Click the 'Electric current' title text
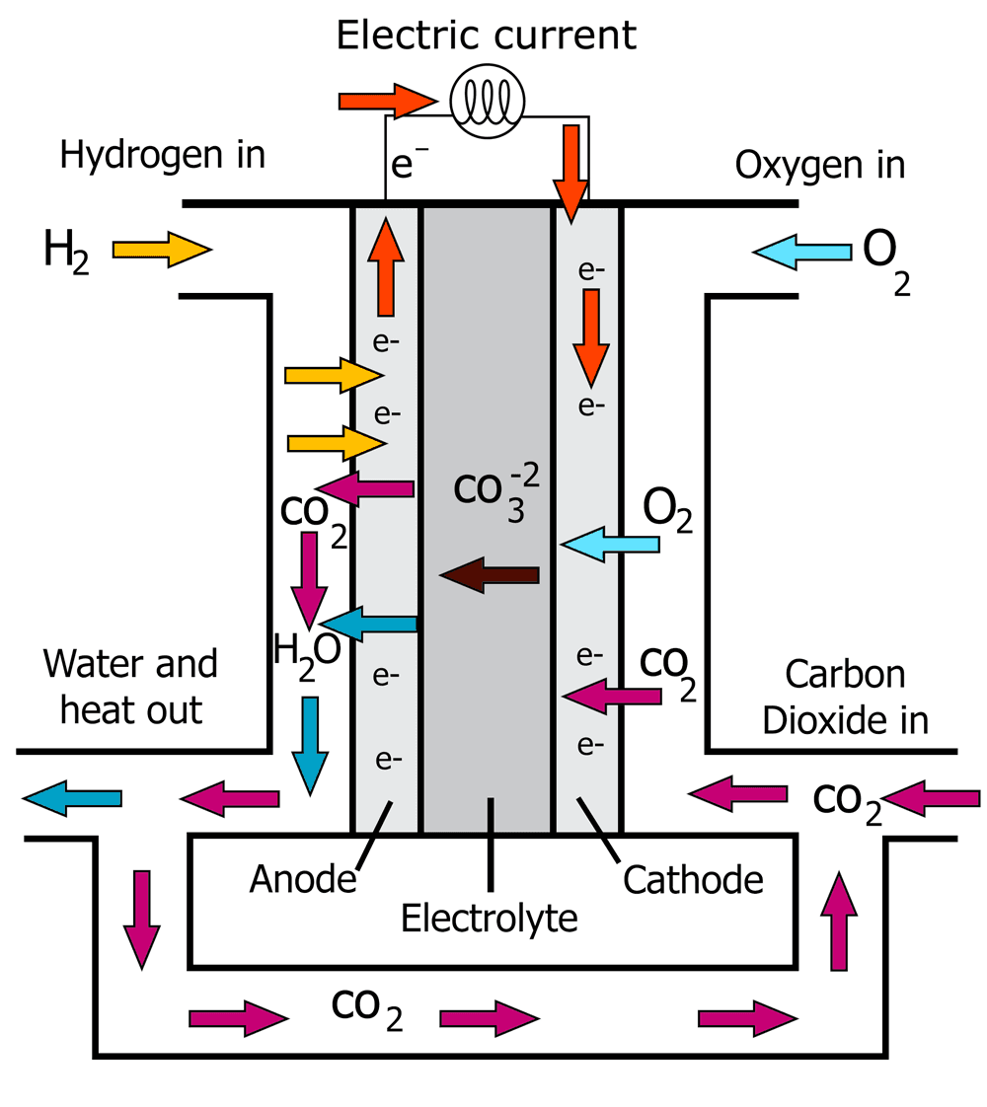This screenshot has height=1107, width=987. [x=487, y=35]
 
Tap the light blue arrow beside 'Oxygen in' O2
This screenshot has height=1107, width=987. [x=801, y=252]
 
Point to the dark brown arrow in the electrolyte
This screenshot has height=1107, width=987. [x=490, y=575]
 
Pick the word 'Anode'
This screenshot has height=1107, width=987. [x=302, y=877]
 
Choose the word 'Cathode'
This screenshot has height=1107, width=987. [x=693, y=878]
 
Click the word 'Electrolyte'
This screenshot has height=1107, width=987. [x=489, y=919]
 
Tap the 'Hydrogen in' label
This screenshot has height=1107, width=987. [x=163, y=155]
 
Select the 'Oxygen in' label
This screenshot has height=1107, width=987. [x=819, y=165]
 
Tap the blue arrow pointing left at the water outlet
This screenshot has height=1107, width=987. [x=71, y=797]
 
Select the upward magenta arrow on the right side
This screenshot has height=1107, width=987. [x=840, y=922]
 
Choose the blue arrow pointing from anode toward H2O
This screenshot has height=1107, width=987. [x=369, y=623]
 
